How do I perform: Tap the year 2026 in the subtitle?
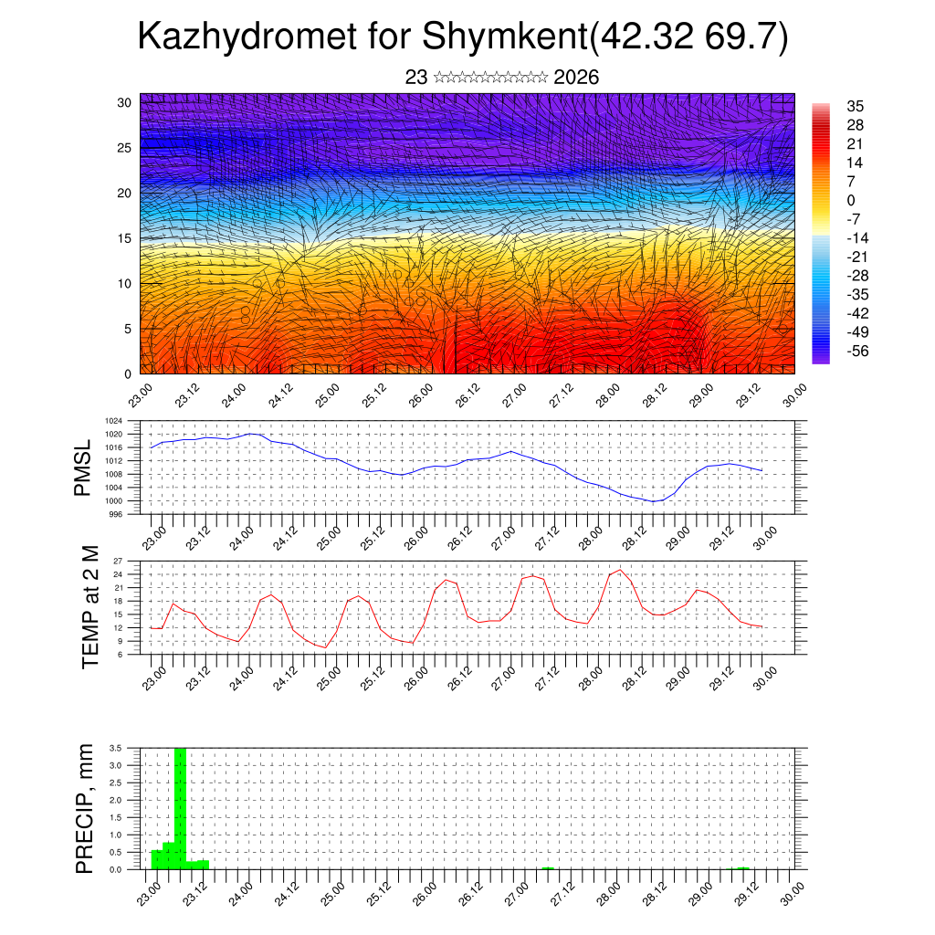[x=576, y=78]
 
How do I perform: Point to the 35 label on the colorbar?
[x=856, y=106]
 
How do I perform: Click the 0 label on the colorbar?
[x=851, y=200]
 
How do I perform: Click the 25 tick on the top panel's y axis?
[x=124, y=147]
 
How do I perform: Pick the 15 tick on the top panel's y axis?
[x=124, y=238]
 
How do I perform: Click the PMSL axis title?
[x=84, y=468]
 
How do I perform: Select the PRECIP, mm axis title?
[x=85, y=808]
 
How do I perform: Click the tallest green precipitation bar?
[x=180, y=804]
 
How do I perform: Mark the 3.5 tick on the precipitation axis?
[x=115, y=748]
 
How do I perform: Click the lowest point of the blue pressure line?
[x=654, y=501]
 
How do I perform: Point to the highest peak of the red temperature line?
[x=621, y=570]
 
